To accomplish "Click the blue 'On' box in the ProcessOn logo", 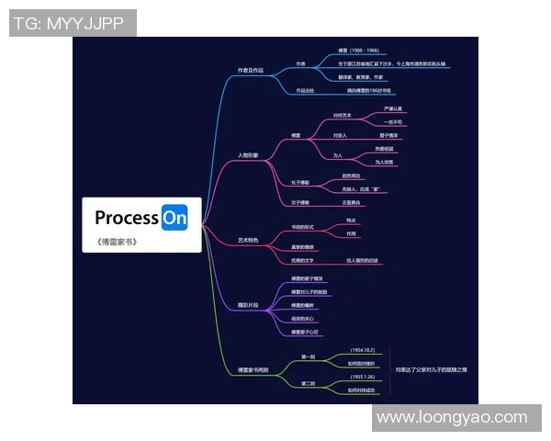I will (174, 219).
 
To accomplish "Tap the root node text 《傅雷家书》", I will (117, 243).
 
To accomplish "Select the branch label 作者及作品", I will (251, 70).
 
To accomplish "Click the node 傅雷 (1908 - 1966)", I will (358, 51).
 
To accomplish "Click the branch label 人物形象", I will (248, 154).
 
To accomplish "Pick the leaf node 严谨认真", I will (393, 109).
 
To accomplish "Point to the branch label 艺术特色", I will (248, 240).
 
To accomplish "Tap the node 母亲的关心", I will (303, 318).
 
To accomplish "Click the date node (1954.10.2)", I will (363, 351).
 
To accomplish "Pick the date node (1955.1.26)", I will (363, 377).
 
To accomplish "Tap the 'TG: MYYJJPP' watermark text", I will (73, 23).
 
